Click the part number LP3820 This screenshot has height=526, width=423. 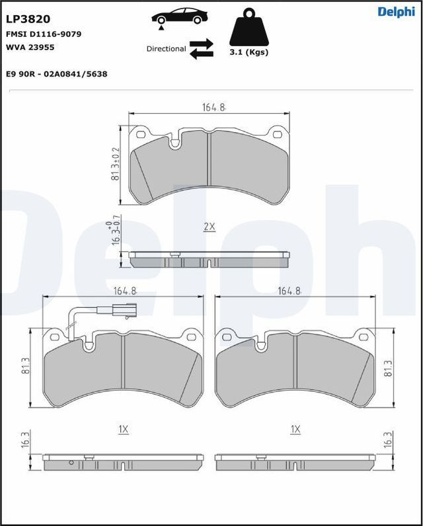pyautogui.click(x=28, y=19)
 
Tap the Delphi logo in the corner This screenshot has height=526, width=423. pyautogui.click(x=396, y=12)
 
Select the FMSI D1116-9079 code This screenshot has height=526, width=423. pyautogui.click(x=44, y=34)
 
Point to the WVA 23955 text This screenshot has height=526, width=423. pyautogui.click(x=30, y=48)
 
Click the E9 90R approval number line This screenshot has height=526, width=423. pyautogui.click(x=57, y=74)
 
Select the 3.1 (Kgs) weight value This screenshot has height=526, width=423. pyautogui.click(x=249, y=52)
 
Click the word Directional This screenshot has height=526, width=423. pyautogui.click(x=166, y=49)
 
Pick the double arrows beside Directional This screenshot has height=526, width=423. pyautogui.click(x=201, y=48)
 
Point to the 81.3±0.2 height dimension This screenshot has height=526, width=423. pyautogui.click(x=115, y=165)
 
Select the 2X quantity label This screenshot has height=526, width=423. pyautogui.click(x=209, y=227)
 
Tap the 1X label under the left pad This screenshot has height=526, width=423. pyautogui.click(x=123, y=430)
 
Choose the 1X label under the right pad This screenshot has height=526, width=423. pyautogui.click(x=295, y=430)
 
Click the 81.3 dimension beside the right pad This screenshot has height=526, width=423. pyautogui.click(x=387, y=368)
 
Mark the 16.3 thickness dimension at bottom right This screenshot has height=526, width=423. pyautogui.click(x=387, y=439)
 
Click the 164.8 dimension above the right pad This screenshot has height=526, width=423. pyautogui.click(x=289, y=291)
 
